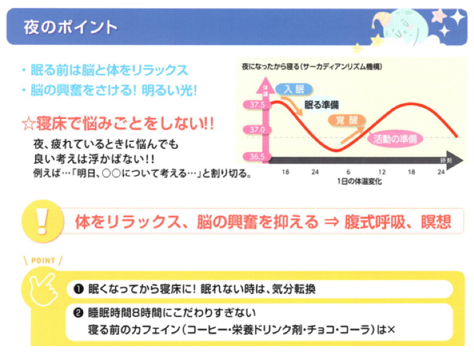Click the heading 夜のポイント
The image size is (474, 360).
coord(71,27)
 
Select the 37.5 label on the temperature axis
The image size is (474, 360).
coord(257,104)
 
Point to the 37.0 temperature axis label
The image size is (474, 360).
coord(257,130)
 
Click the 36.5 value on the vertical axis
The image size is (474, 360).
coord(257,157)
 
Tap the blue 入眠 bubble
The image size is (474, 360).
coord(294,89)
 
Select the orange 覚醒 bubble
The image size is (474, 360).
coord(347,120)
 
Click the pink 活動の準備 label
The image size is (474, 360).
coord(395,139)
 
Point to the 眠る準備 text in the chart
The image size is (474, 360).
coord(322,105)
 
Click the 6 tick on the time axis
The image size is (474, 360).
coord(348,172)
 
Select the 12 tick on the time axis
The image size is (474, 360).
coord(382,172)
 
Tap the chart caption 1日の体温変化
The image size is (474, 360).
coord(359,182)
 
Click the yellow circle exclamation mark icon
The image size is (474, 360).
coord(43,221)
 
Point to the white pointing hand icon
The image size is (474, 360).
coord(44,289)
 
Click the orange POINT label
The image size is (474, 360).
coord(43,260)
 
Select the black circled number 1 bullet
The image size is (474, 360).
coord(79,289)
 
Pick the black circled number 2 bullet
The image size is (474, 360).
coord(79,313)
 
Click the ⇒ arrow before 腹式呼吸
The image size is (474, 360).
coord(331,222)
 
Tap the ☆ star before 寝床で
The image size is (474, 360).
coord(29,124)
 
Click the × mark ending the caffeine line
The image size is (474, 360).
coord(391,330)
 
